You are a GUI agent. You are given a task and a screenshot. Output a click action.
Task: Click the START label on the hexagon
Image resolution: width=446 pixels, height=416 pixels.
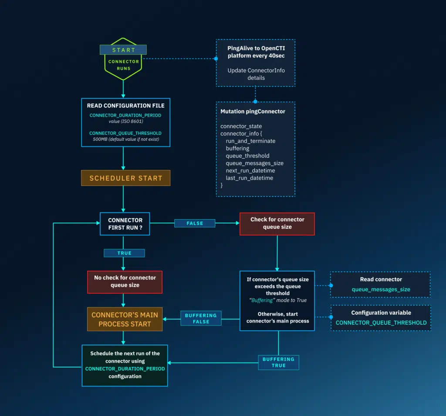(x=123, y=50)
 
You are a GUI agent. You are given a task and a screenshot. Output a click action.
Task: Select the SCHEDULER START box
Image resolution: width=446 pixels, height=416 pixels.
(x=125, y=178)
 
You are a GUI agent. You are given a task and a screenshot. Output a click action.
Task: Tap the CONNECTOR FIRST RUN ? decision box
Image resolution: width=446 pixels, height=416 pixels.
(x=125, y=223)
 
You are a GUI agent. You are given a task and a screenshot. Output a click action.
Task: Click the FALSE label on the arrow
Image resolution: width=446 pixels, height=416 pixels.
(x=195, y=223)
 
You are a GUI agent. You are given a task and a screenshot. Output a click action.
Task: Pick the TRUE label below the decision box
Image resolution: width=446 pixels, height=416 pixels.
(x=124, y=253)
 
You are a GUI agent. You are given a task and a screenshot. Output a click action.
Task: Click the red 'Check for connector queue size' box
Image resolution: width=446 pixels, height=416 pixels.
(x=277, y=223)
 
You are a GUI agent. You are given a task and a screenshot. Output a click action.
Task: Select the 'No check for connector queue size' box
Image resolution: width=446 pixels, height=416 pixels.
(x=125, y=281)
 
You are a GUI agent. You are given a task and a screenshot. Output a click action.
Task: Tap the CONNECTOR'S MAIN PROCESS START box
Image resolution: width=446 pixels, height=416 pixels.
(x=125, y=319)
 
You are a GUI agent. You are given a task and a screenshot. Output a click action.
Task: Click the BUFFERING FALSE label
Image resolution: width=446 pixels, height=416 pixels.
(x=200, y=319)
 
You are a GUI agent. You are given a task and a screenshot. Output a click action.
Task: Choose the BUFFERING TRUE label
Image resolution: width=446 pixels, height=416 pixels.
(x=278, y=362)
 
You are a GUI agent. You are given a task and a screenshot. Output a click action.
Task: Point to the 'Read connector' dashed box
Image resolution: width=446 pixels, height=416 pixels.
(x=380, y=284)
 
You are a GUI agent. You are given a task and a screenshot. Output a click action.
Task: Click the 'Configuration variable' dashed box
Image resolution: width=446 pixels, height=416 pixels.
(x=381, y=318)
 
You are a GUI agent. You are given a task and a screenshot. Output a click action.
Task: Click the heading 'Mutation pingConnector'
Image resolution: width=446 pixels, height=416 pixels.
(x=253, y=111)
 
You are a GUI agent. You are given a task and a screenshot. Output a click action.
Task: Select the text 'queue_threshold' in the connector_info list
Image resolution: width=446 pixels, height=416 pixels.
(x=247, y=156)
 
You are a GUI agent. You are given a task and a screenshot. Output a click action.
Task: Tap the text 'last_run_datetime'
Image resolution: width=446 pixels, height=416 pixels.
(x=249, y=178)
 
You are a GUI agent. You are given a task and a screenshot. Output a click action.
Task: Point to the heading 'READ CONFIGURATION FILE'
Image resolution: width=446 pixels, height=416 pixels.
(x=125, y=106)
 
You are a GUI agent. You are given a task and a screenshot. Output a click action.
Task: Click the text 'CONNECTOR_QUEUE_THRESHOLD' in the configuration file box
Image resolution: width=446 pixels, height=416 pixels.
(x=125, y=133)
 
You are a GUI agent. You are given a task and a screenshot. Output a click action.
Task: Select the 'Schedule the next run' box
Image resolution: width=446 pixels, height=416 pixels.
(x=125, y=365)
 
